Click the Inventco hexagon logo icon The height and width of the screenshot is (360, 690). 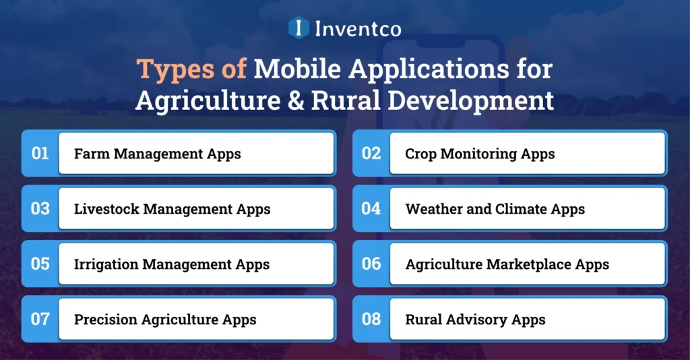(x=298, y=28)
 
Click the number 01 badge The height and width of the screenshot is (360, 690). (x=40, y=154)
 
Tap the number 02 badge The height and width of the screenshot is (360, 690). (x=371, y=154)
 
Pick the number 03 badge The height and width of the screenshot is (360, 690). (x=40, y=209)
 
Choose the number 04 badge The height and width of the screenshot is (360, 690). (x=371, y=209)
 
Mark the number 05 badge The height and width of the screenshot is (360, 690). (x=40, y=264)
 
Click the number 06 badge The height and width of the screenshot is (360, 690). (x=371, y=264)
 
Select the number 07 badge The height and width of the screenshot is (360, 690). (x=40, y=319)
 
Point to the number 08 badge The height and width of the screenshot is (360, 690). (x=371, y=319)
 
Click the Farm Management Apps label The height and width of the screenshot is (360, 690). (x=157, y=154)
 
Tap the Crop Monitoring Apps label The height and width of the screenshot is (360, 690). (x=480, y=154)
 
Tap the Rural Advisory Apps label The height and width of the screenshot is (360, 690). (x=475, y=320)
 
